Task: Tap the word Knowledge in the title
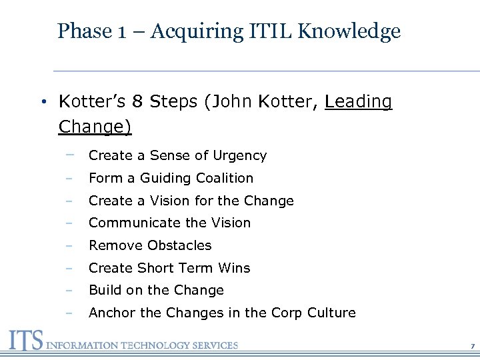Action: [x=363, y=31]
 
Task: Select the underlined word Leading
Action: [x=359, y=102]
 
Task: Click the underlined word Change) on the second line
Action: [x=95, y=127]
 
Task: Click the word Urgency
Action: [x=239, y=156]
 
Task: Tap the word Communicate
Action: [x=132, y=223]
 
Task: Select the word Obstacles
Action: [x=179, y=245]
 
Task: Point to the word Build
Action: [x=105, y=290]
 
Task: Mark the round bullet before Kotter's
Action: [x=41, y=103]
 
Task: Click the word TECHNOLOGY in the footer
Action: [x=161, y=345]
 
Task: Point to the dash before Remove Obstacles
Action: [x=69, y=245]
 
